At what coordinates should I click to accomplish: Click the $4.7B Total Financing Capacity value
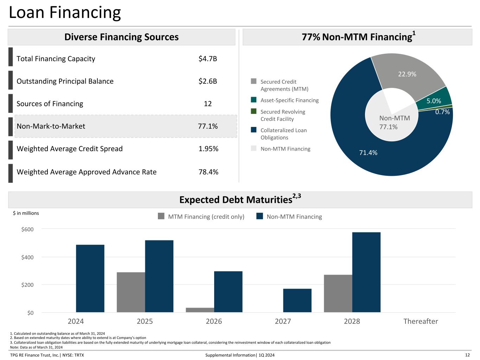[207, 59]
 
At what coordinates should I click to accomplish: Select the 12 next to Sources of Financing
[207, 104]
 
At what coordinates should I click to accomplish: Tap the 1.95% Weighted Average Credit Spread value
[208, 149]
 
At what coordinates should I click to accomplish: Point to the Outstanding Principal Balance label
[65, 81]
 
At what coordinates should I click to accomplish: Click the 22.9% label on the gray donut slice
[407, 74]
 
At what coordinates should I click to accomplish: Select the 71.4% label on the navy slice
[368, 153]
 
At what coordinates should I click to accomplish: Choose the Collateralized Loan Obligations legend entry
[279, 134]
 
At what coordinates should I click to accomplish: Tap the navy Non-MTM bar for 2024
[90, 278]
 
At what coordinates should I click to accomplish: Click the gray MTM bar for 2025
[131, 292]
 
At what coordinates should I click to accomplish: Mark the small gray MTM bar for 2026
[200, 310]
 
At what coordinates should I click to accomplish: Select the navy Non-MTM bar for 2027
[297, 300]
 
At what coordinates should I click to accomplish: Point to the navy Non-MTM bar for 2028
[366, 272]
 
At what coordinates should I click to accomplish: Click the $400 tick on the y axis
[27, 257]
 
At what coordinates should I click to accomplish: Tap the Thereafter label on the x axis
[421, 321]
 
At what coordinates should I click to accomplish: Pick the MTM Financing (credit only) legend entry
[201, 217]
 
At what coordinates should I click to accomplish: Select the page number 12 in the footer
[467, 355]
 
